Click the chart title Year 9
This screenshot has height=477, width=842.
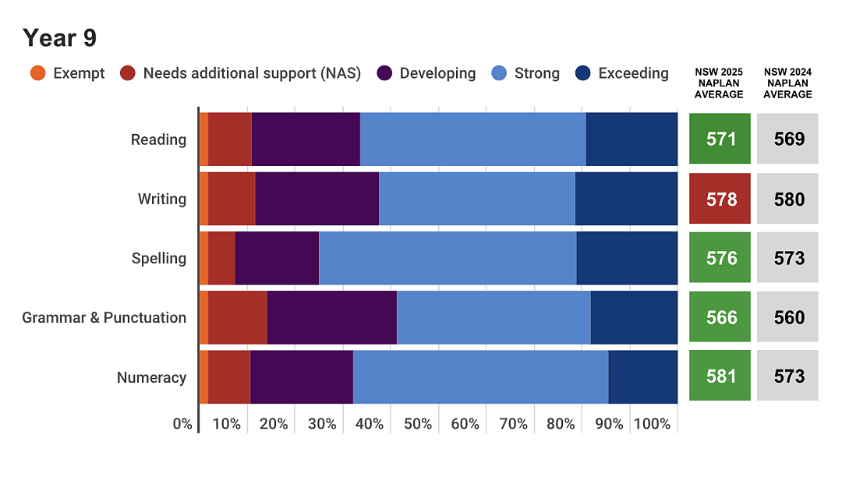59,38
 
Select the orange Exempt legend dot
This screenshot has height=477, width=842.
38,73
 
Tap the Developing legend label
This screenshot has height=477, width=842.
437,73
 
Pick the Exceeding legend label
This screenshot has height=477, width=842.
634,73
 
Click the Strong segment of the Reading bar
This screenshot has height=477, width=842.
473,139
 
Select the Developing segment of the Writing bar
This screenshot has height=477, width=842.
317,199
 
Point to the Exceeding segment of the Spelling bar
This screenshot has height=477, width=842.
627,258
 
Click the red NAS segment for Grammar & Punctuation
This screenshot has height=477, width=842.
238,318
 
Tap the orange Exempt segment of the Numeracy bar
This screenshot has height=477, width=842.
204,377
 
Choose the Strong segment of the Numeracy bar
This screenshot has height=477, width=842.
481,377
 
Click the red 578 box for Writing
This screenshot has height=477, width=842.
720,199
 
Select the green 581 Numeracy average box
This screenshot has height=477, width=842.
720,376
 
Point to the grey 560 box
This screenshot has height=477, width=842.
787,317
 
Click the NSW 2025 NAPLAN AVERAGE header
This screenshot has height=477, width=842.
719,83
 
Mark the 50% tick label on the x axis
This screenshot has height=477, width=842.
418,424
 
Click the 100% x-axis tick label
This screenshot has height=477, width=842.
652,424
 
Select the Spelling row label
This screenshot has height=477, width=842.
159,259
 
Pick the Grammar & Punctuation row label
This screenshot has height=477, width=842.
104,318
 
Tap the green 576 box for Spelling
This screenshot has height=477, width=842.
720,257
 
